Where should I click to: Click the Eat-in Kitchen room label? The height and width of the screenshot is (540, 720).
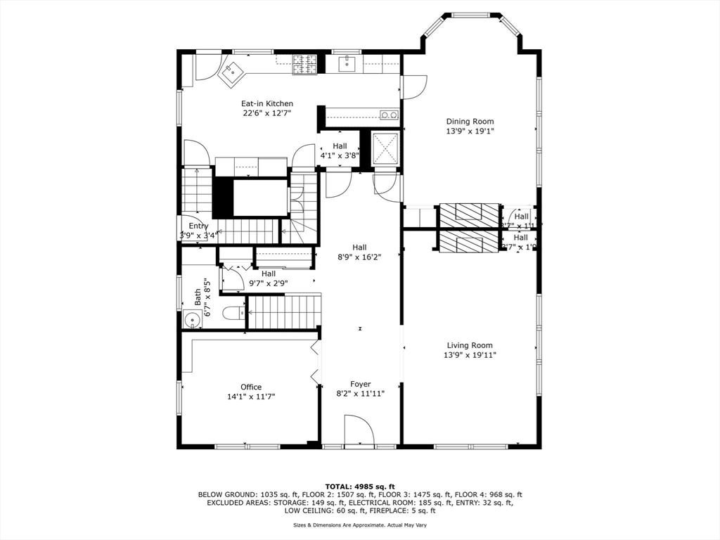(x=267, y=103)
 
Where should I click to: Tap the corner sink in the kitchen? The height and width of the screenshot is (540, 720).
(x=231, y=72)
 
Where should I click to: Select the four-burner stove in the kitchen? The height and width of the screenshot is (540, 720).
(x=305, y=64)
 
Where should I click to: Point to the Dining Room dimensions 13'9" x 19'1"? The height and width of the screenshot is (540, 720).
(x=470, y=131)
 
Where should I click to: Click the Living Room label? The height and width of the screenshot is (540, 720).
(x=470, y=345)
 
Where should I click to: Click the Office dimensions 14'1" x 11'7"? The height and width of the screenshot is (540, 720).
(x=251, y=397)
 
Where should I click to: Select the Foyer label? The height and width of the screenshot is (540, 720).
(x=361, y=384)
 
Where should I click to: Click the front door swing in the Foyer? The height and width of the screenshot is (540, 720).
(x=359, y=429)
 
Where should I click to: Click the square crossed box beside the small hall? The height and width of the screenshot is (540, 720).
(x=385, y=148)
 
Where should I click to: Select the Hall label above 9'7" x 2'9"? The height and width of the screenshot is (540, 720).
(x=269, y=274)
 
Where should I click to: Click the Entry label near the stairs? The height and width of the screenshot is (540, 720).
(x=198, y=226)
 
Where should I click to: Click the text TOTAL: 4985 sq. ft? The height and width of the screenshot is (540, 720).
(x=359, y=486)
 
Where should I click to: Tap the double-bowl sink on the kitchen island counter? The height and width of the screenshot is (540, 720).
(x=389, y=115)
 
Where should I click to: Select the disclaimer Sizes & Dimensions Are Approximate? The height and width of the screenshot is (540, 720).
(x=359, y=525)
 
